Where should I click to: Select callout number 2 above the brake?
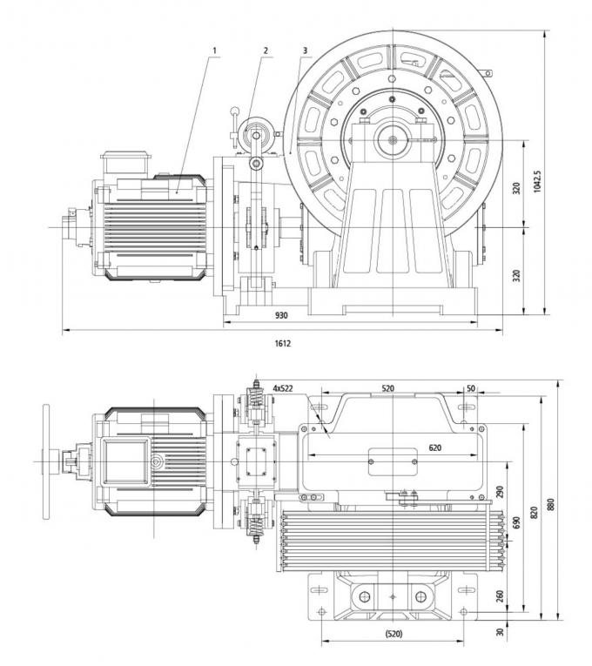(x=266, y=50)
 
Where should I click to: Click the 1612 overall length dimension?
(x=282, y=344)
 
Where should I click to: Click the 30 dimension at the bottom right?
(x=501, y=633)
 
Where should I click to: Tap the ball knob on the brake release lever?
(x=233, y=111)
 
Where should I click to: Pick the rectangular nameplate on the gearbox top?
(x=394, y=461)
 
